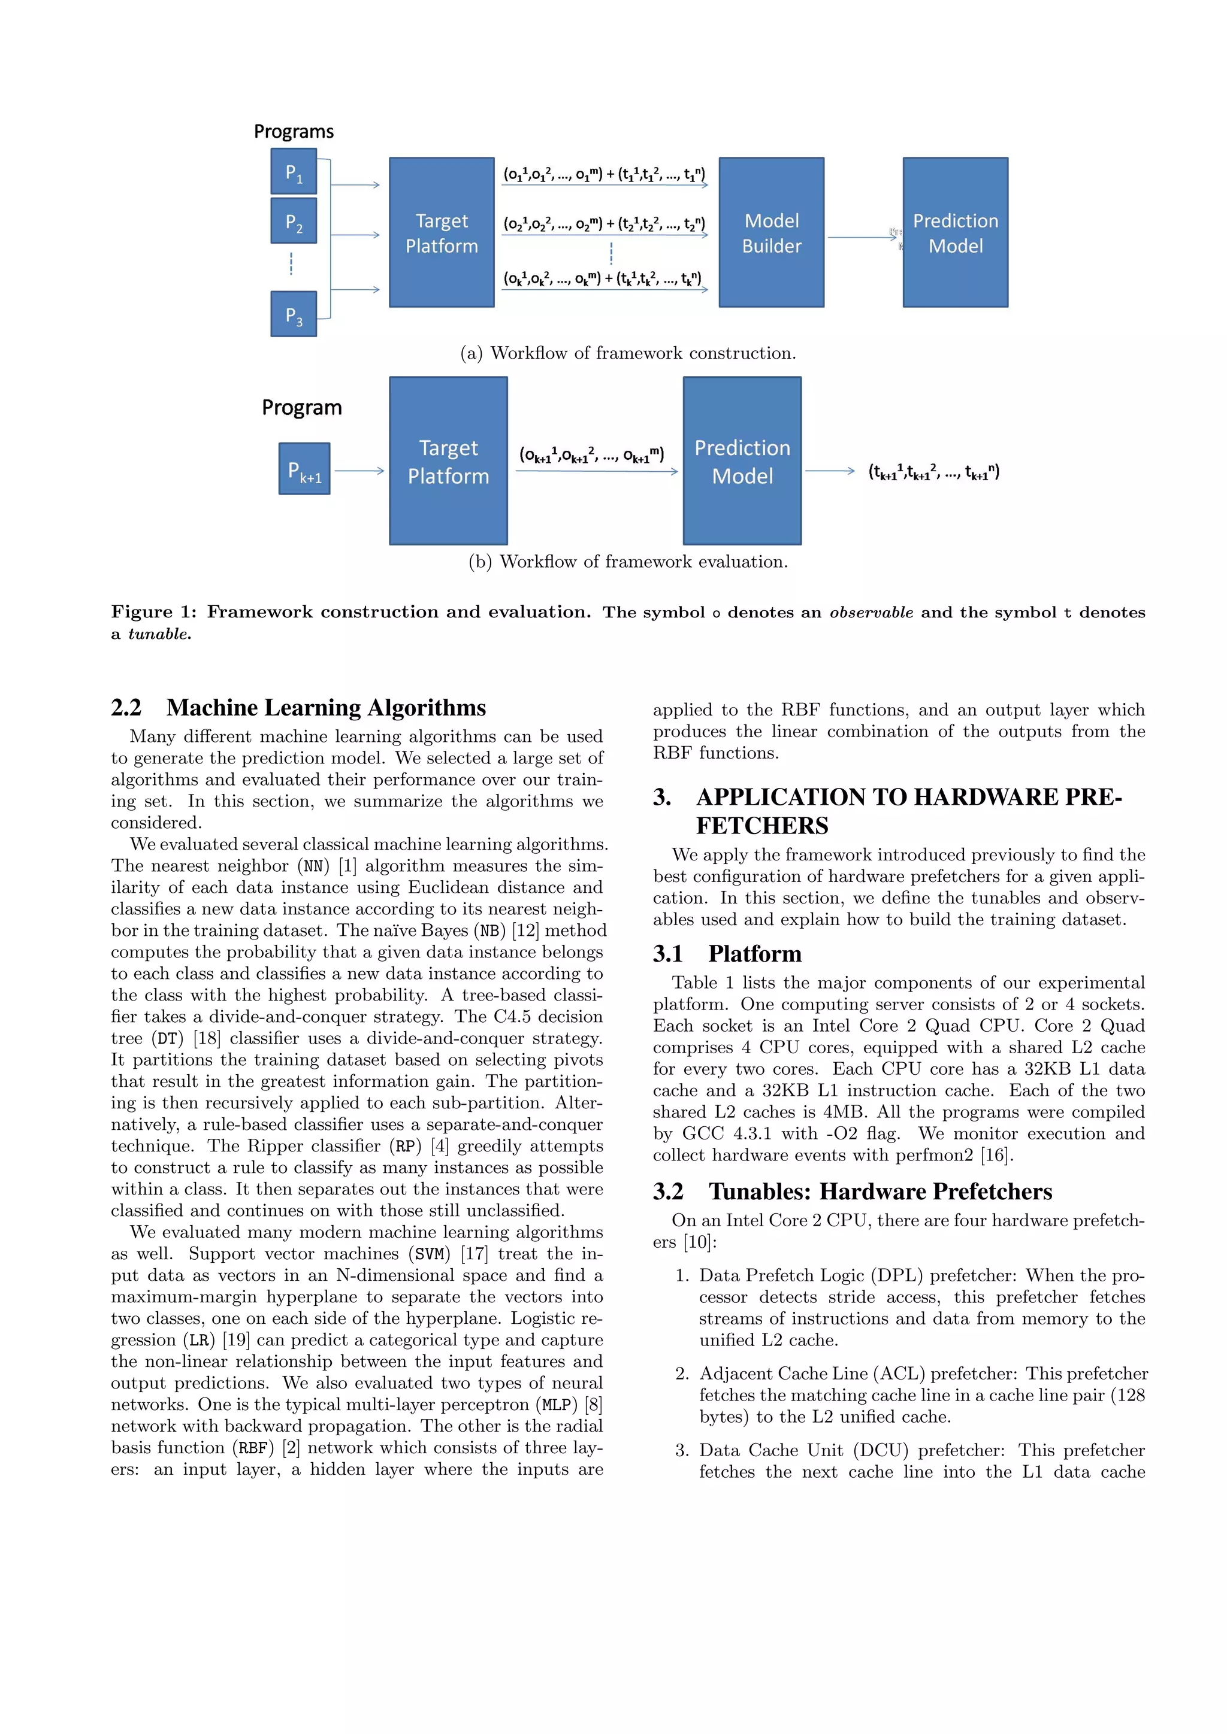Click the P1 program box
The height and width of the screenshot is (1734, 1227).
tap(293, 171)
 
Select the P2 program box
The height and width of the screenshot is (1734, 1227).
tap(293, 220)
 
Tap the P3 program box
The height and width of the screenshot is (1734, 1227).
tap(293, 313)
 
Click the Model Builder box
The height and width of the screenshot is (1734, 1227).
tap(770, 232)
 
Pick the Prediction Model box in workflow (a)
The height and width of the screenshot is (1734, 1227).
tap(955, 232)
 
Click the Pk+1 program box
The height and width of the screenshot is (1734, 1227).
tap(304, 469)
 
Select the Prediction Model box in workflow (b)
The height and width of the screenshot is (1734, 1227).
tap(741, 460)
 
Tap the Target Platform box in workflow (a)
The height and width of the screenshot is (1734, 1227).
tap(441, 232)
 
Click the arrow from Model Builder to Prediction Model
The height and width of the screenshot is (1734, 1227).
tap(862, 237)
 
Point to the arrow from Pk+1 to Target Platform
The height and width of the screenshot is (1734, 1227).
tap(359, 471)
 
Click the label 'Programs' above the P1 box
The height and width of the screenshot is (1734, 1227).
tap(293, 131)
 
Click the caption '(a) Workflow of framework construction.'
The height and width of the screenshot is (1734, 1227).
tap(628, 353)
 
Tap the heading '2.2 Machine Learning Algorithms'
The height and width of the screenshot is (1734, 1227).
tap(298, 707)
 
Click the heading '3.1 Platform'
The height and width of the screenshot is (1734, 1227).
tap(727, 953)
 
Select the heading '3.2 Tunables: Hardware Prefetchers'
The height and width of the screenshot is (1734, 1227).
tap(853, 1191)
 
